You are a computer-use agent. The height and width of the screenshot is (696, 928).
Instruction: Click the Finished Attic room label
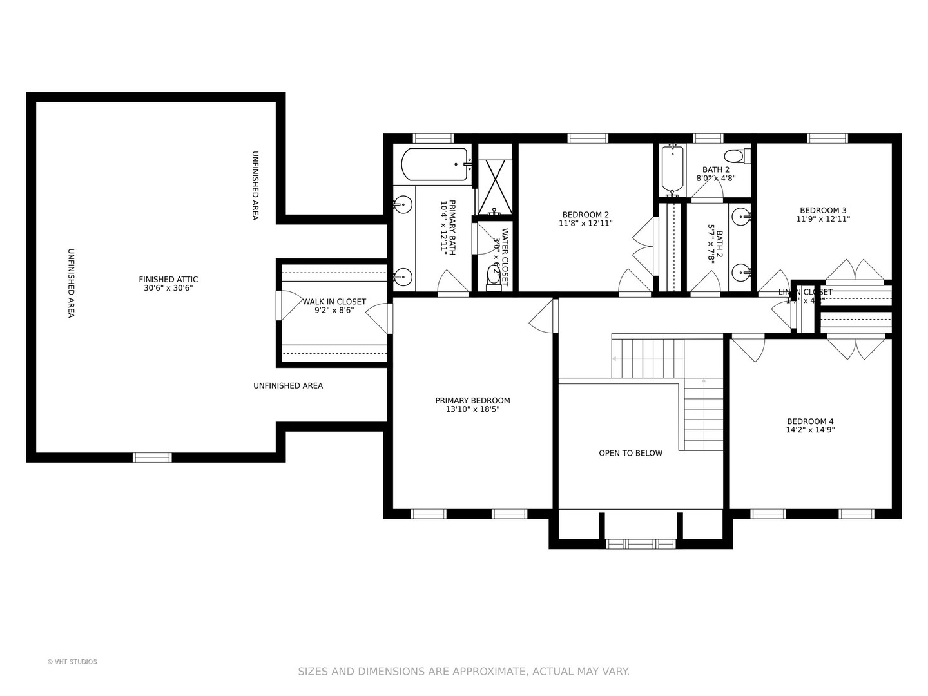tap(168, 284)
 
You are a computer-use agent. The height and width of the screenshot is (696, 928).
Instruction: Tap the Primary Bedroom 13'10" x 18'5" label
tap(472, 405)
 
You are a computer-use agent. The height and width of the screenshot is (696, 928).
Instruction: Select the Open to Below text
tap(630, 453)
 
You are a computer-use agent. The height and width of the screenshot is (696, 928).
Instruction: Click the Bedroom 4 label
tap(810, 425)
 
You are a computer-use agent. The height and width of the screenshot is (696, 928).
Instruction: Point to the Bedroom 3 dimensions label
tap(823, 219)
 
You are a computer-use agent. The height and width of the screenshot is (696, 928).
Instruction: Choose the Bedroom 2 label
tap(585, 219)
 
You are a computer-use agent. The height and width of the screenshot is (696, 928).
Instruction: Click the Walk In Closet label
tap(334, 305)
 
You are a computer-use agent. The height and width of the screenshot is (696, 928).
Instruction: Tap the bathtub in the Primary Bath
tap(434, 164)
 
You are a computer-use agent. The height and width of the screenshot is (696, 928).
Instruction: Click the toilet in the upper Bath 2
tap(735, 156)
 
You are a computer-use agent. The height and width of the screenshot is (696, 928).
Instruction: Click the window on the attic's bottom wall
tap(152, 458)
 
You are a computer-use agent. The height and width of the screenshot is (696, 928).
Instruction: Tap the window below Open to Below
tap(641, 544)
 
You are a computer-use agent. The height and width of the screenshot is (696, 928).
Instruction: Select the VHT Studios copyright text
tap(72, 662)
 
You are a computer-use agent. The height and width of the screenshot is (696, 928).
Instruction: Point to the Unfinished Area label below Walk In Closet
tap(287, 386)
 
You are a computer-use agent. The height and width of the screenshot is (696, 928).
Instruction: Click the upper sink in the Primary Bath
tap(401, 205)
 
